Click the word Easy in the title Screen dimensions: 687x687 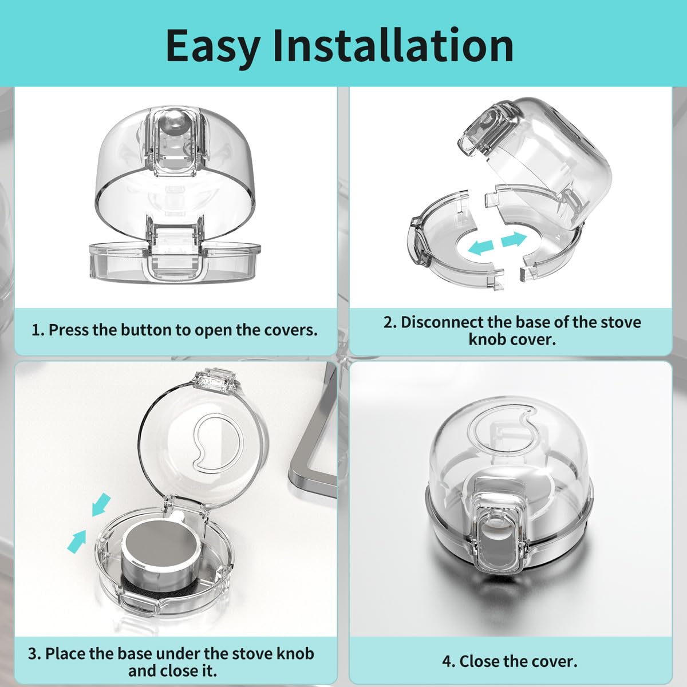212,46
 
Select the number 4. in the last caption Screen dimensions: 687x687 448,661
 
